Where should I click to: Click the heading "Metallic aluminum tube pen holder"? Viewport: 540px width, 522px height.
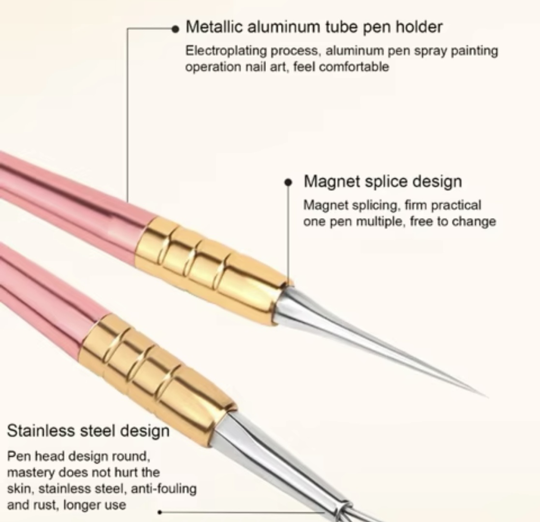pyautogui.click(x=314, y=27)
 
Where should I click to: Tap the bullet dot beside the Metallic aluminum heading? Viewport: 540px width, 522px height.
pyautogui.click(x=175, y=29)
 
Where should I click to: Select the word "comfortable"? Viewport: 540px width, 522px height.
pyautogui.click(x=354, y=66)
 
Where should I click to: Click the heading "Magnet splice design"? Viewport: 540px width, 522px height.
pyautogui.click(x=382, y=181)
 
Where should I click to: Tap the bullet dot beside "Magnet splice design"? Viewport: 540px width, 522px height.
pyautogui.click(x=288, y=183)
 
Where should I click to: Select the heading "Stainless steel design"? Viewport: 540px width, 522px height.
pyautogui.click(x=88, y=431)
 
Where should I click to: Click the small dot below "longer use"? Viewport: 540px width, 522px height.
pyautogui.click(x=160, y=512)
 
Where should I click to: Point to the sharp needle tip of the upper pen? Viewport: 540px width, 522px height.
pyautogui.click(x=487, y=397)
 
